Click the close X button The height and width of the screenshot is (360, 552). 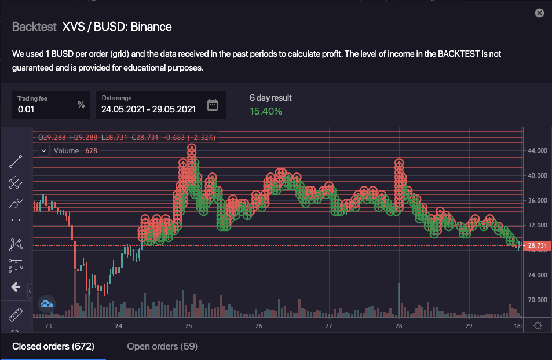(x=539, y=13)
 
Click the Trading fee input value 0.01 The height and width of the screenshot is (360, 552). (x=26, y=108)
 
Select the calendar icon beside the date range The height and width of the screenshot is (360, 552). (x=213, y=105)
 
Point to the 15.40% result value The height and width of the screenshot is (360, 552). (x=266, y=111)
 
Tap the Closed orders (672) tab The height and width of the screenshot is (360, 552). (x=53, y=347)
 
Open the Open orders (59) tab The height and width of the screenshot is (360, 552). (x=162, y=347)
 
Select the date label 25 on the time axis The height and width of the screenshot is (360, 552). (x=189, y=326)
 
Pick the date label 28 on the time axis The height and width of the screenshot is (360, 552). (x=399, y=326)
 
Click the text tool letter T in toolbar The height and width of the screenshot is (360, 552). (x=16, y=224)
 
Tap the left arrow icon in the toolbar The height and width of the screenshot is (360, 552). (x=16, y=287)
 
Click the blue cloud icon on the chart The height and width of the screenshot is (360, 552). (x=46, y=303)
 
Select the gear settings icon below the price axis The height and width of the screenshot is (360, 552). (x=538, y=326)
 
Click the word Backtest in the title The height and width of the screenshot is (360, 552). (x=34, y=27)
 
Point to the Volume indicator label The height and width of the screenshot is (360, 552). (x=66, y=150)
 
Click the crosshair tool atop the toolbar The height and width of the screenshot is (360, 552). (x=16, y=141)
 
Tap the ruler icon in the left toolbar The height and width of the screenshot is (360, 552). (x=16, y=315)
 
